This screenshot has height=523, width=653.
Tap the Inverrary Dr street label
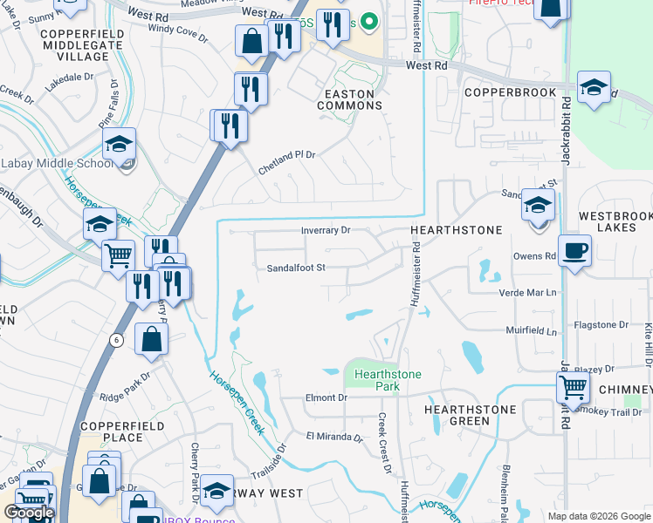(x=326, y=230)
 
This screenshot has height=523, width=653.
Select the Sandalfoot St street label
(x=296, y=268)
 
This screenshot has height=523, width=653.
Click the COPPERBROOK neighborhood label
(x=509, y=92)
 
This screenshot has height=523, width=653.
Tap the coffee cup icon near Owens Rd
(x=574, y=251)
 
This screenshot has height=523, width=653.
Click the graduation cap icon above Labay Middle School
(x=120, y=144)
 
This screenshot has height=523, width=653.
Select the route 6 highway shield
(x=116, y=340)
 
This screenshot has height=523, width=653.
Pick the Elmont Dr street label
(x=320, y=397)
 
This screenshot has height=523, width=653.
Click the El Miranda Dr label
(x=333, y=436)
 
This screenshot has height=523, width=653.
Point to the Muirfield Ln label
(x=532, y=331)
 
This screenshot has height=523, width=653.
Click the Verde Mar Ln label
(x=527, y=292)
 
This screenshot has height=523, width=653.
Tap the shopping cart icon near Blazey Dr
(x=573, y=384)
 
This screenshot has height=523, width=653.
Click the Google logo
(x=29, y=513)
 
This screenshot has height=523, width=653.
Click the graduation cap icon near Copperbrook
(x=594, y=87)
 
